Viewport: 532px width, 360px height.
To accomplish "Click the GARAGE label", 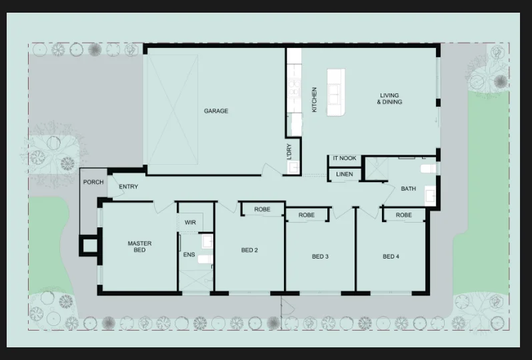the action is [x=216, y=111].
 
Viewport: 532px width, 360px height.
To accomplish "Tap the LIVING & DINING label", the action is [x=389, y=99].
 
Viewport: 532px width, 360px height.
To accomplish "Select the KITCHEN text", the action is [x=314, y=100].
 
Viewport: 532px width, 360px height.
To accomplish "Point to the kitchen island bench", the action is [x=336, y=92].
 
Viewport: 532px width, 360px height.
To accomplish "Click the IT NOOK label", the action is [x=345, y=158].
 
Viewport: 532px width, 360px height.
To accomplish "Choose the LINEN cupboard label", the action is [x=345, y=174].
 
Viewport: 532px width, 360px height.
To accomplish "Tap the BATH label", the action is [x=408, y=189].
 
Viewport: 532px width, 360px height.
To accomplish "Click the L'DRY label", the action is [x=289, y=152].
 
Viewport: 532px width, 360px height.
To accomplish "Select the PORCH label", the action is [x=93, y=182].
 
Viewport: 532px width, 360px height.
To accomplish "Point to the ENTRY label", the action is [x=128, y=187].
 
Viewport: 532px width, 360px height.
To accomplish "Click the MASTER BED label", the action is [x=139, y=247].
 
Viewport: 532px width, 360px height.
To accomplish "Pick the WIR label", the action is [x=190, y=223].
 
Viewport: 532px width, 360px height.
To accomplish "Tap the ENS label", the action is [x=189, y=255].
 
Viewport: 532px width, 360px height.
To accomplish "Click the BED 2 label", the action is [x=249, y=250].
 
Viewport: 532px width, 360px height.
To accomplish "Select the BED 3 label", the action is [x=320, y=257].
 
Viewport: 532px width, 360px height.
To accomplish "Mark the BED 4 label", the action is [x=391, y=257].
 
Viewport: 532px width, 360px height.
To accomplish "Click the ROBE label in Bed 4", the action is [x=403, y=215].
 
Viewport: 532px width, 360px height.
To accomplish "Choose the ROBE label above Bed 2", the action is [x=262, y=209].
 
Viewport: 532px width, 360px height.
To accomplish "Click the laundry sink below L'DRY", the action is [x=293, y=167].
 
